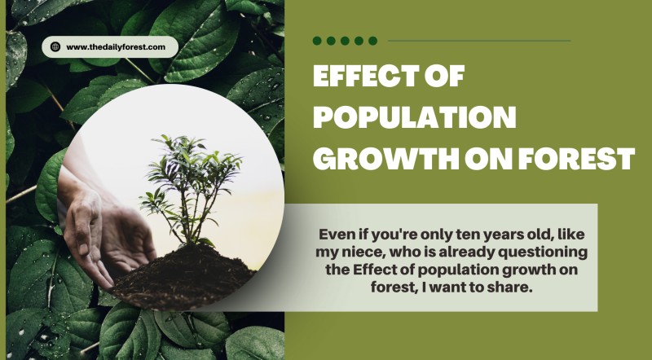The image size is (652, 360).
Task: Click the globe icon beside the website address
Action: point(55,46)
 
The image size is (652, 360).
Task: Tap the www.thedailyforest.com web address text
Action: point(116,47)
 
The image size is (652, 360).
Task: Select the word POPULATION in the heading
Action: point(415,117)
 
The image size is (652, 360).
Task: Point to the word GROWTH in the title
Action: point(385,158)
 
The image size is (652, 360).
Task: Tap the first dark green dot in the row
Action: point(317,41)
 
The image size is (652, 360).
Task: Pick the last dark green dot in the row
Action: point(373,41)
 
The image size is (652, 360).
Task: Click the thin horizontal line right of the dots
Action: point(479,41)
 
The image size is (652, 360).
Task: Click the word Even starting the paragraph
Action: point(337,235)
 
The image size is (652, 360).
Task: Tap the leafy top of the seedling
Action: point(192,166)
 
